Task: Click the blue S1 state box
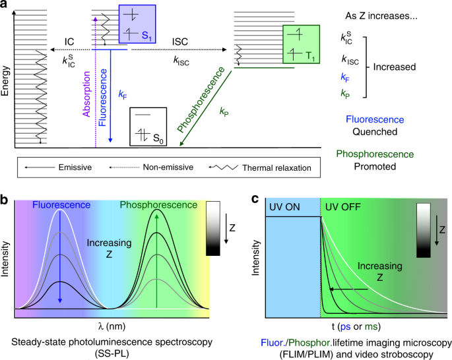coord(137,24)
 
